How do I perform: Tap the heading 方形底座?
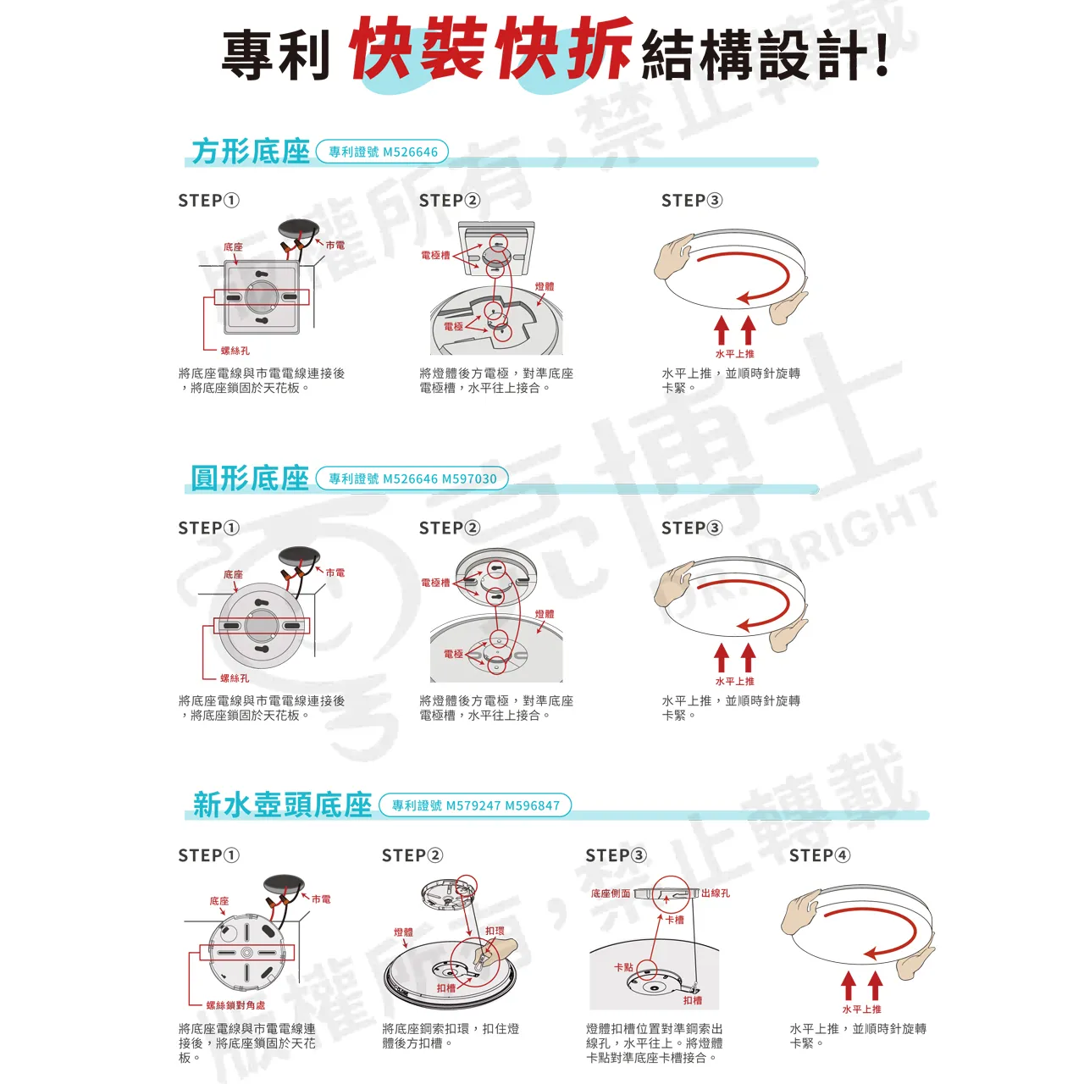[x=251, y=152]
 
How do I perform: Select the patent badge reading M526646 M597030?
[x=412, y=478]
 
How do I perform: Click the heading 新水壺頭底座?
[x=282, y=805]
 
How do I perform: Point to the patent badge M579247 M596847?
[x=475, y=805]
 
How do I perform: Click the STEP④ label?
[x=819, y=855]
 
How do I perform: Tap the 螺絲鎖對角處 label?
[x=235, y=1005]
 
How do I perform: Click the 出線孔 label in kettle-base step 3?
[x=716, y=893]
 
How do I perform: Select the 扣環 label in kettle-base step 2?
[x=495, y=931]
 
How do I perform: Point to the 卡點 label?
[x=623, y=966]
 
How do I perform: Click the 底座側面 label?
[x=610, y=893]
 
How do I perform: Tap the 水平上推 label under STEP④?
[x=861, y=1009]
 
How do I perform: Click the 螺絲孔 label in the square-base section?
[x=235, y=351]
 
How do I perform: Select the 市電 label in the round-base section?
[x=335, y=572]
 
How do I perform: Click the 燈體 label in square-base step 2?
[x=545, y=286]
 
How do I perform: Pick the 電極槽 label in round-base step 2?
[x=435, y=583]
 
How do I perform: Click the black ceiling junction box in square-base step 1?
[x=298, y=230]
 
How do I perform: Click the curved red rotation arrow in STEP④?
[x=872, y=932]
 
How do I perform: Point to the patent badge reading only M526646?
[x=382, y=152]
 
